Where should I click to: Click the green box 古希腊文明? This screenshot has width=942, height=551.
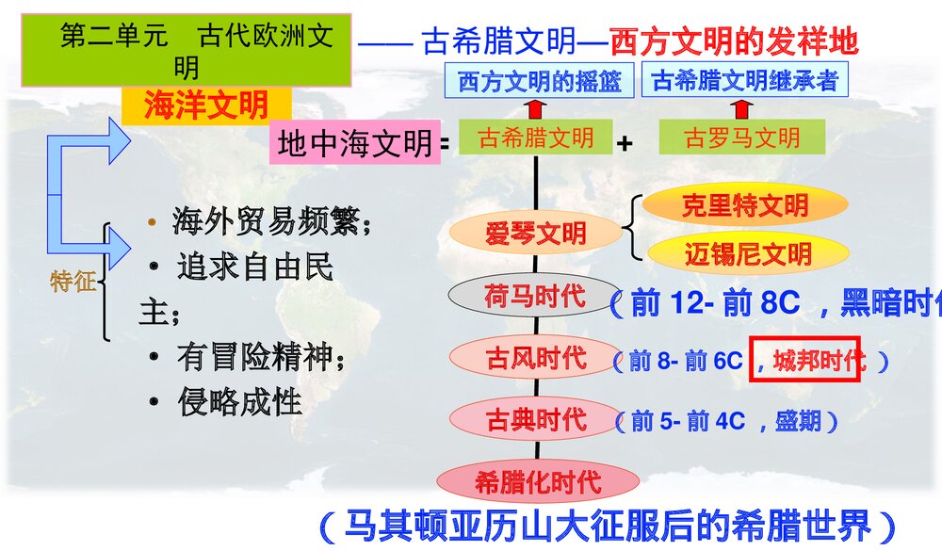536,138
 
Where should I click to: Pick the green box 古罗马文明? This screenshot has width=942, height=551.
741,138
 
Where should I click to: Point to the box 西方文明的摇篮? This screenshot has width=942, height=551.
540,81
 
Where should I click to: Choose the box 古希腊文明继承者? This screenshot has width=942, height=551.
744,81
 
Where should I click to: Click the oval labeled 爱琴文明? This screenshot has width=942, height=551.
535,234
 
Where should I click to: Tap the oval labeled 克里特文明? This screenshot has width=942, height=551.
744,205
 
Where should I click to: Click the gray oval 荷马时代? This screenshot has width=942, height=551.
533,297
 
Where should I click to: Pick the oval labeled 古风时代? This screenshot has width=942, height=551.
535,358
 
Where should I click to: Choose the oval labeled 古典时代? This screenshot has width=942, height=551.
535,419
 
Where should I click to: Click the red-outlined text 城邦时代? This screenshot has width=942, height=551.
805,359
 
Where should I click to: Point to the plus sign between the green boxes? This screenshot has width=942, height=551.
624,143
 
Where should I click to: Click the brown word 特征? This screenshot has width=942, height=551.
73,281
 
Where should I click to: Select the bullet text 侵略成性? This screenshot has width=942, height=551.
239,402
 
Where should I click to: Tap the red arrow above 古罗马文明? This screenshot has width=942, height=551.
741,107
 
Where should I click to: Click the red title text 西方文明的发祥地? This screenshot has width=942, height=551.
734,40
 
